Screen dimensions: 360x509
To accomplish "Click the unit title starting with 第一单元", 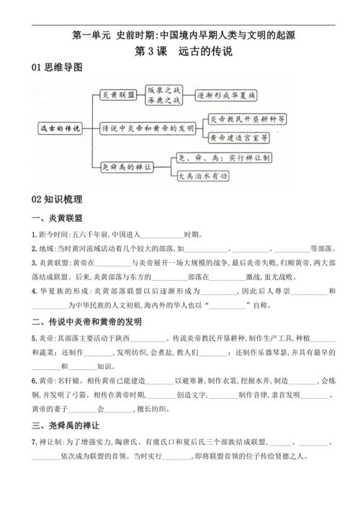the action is point(179,34).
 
